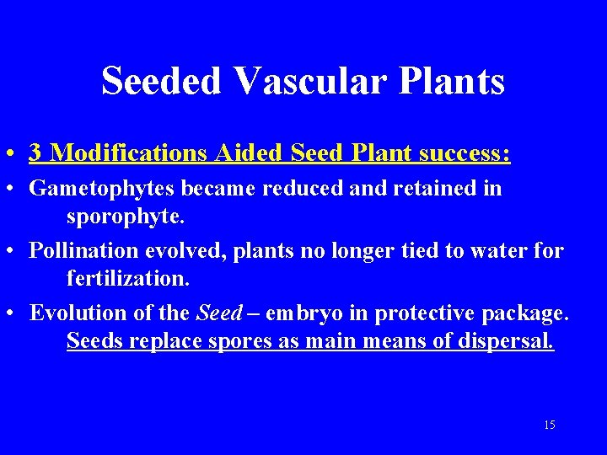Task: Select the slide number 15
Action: point(550,426)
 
